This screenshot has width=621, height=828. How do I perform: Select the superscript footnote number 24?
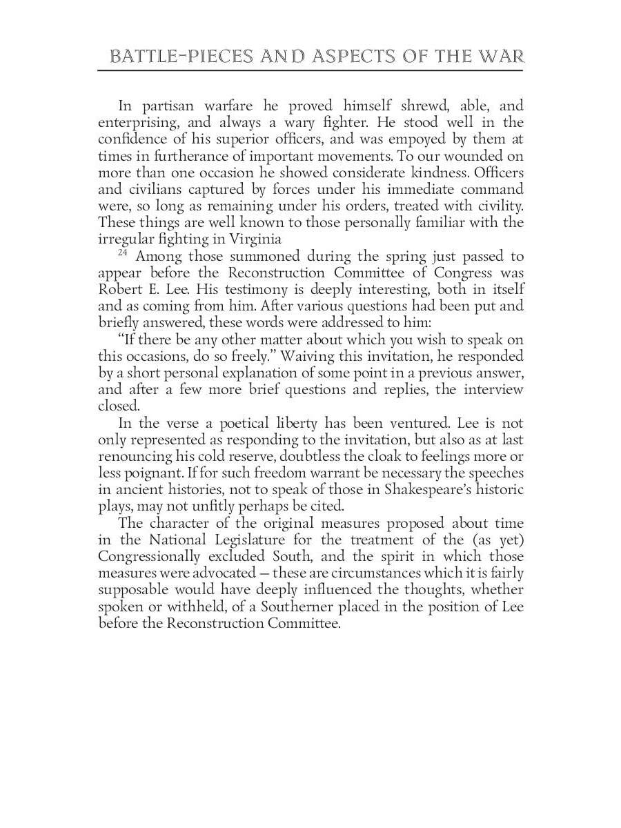point(123,253)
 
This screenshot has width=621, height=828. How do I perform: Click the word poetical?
point(233,423)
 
